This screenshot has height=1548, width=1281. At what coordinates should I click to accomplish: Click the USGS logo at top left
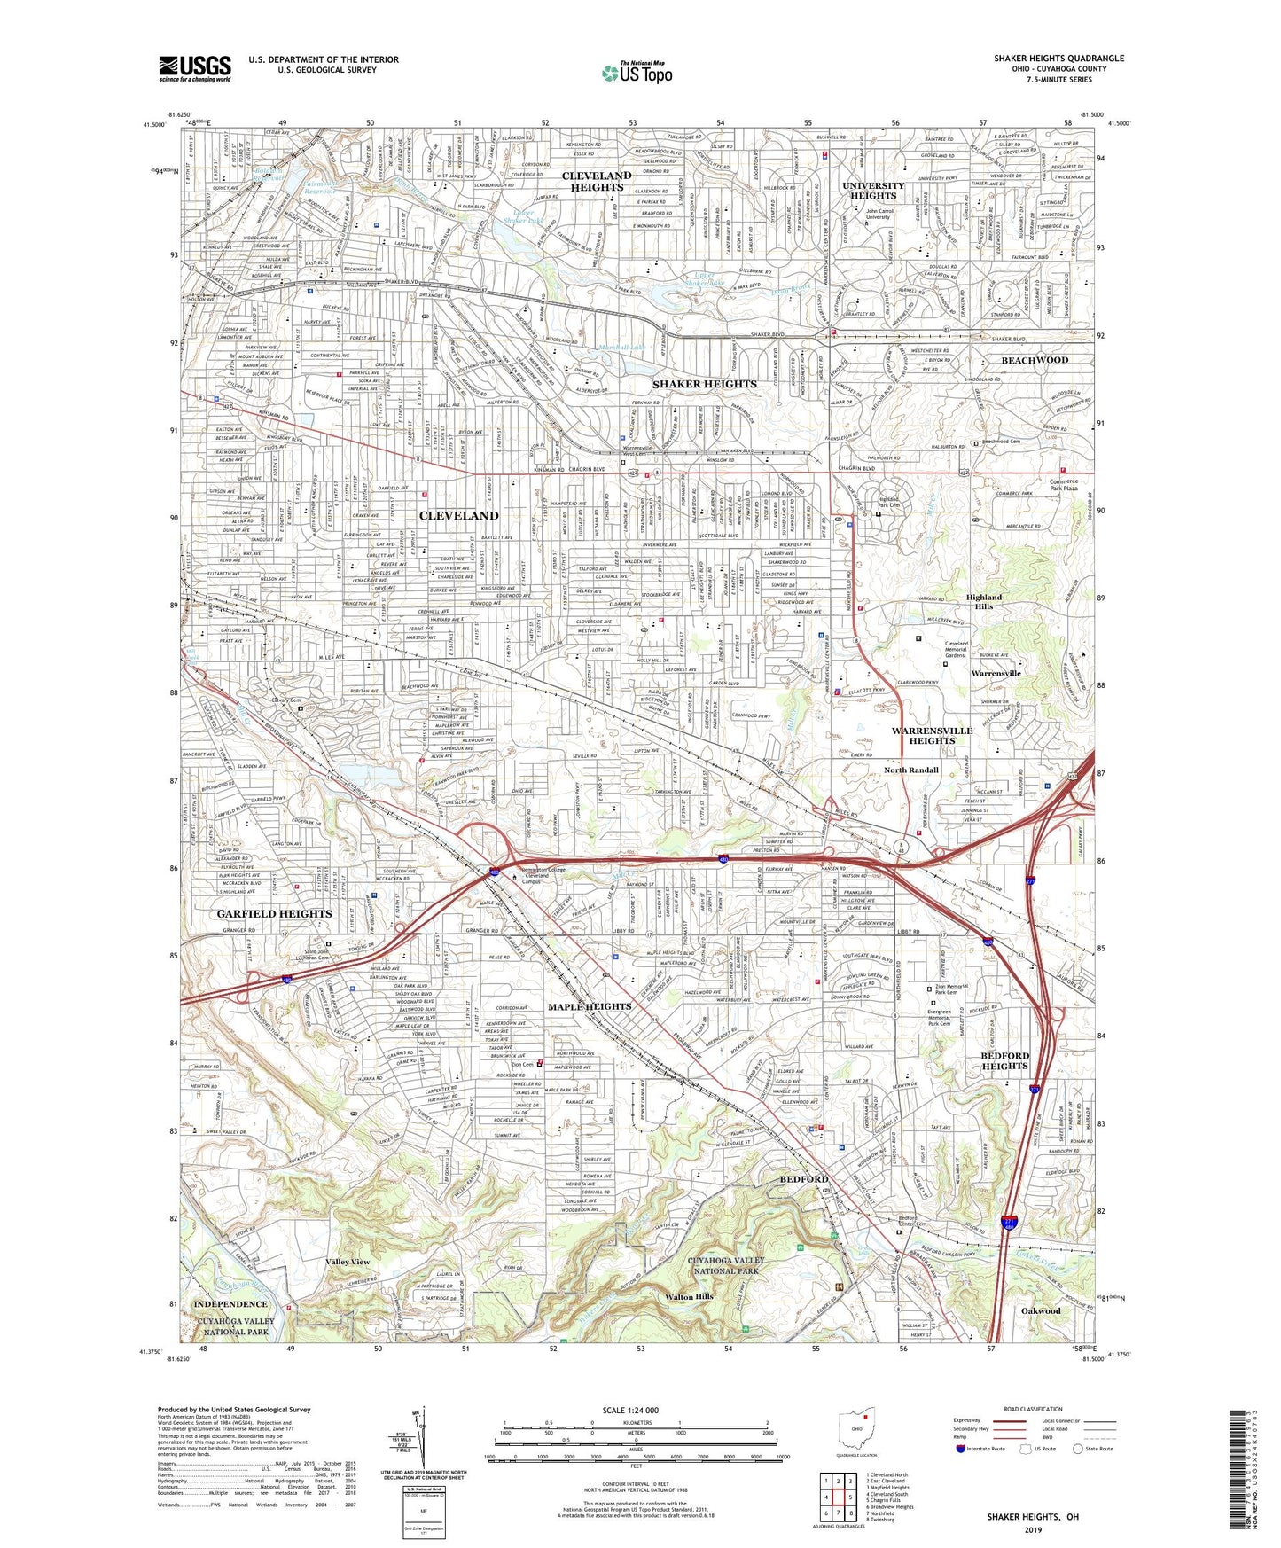tap(195, 67)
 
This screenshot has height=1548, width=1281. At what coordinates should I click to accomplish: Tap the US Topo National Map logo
tap(637, 73)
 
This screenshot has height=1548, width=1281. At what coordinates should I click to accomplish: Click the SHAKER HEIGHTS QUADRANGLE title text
tap(1058, 59)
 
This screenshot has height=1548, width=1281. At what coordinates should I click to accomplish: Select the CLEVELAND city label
tap(458, 515)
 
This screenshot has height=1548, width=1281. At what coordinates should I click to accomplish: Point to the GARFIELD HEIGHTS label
tap(275, 913)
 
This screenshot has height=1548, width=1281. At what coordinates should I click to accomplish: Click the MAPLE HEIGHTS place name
tap(590, 1006)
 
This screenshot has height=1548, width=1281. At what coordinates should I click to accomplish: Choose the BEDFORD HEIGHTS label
tap(1004, 1060)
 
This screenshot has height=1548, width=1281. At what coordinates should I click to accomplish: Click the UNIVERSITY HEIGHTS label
tap(873, 191)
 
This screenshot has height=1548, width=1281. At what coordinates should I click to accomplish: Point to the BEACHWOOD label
tap(1035, 360)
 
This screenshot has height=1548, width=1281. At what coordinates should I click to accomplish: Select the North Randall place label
tap(910, 770)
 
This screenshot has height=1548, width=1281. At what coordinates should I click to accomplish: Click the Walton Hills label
tap(689, 1296)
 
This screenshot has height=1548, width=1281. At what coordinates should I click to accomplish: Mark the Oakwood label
tap(1040, 1310)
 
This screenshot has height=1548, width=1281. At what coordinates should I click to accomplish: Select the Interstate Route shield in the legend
tap(961, 1449)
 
